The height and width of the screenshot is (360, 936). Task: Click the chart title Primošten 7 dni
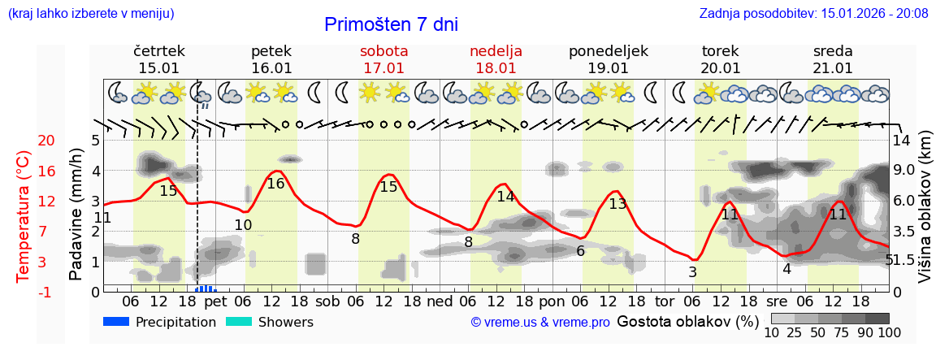click(391, 24)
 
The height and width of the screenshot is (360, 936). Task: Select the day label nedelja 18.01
click(496, 59)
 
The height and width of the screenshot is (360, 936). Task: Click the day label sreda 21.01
click(833, 59)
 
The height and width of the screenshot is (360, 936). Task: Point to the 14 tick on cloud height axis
click(901, 140)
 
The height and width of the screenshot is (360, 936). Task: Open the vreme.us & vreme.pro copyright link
click(540, 323)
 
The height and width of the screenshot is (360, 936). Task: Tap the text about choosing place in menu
click(90, 13)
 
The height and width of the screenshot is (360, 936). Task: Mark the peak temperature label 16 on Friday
click(275, 184)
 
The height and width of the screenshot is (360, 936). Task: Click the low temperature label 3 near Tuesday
click(692, 272)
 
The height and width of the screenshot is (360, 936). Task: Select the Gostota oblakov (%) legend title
click(687, 321)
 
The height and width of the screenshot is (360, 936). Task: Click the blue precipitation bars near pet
click(205, 288)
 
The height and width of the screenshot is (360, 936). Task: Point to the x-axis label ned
click(440, 301)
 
